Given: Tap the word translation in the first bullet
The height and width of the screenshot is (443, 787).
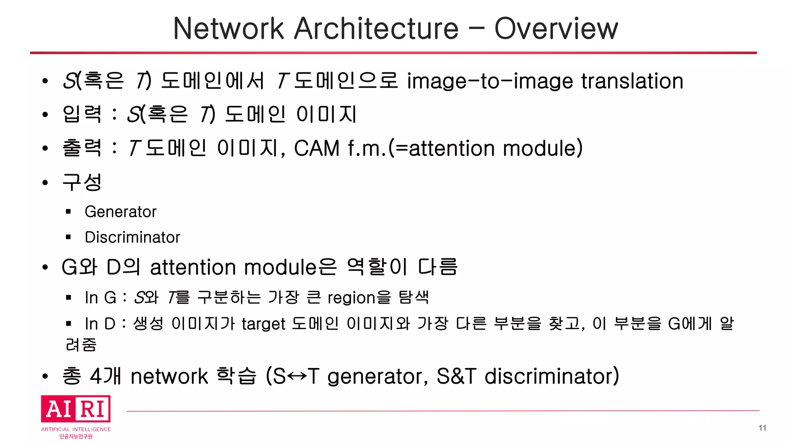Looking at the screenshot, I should click(x=632, y=81).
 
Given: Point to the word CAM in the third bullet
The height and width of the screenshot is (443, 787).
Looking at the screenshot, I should click(x=317, y=148).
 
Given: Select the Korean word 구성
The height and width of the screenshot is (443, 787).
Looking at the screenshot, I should click(x=82, y=182).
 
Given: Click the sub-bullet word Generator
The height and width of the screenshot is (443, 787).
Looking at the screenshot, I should click(x=120, y=212).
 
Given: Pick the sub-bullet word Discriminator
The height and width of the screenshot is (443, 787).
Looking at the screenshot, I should click(x=132, y=237).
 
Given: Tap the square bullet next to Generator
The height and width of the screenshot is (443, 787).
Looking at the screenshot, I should click(x=68, y=212).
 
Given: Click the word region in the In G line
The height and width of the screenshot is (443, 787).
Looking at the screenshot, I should click(x=351, y=298).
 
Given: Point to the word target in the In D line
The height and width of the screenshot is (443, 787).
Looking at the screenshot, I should click(x=263, y=324).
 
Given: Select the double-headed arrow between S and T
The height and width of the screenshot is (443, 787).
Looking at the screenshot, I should click(x=297, y=376).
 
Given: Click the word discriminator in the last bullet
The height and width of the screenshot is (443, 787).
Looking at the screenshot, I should click(x=551, y=376).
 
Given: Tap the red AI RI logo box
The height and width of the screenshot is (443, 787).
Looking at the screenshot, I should click(x=76, y=408).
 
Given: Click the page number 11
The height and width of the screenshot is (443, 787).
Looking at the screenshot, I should click(x=762, y=428).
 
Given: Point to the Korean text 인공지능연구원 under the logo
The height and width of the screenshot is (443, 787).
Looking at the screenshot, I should click(x=76, y=436).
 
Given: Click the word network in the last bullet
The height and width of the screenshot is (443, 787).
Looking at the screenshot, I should click(x=169, y=376).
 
